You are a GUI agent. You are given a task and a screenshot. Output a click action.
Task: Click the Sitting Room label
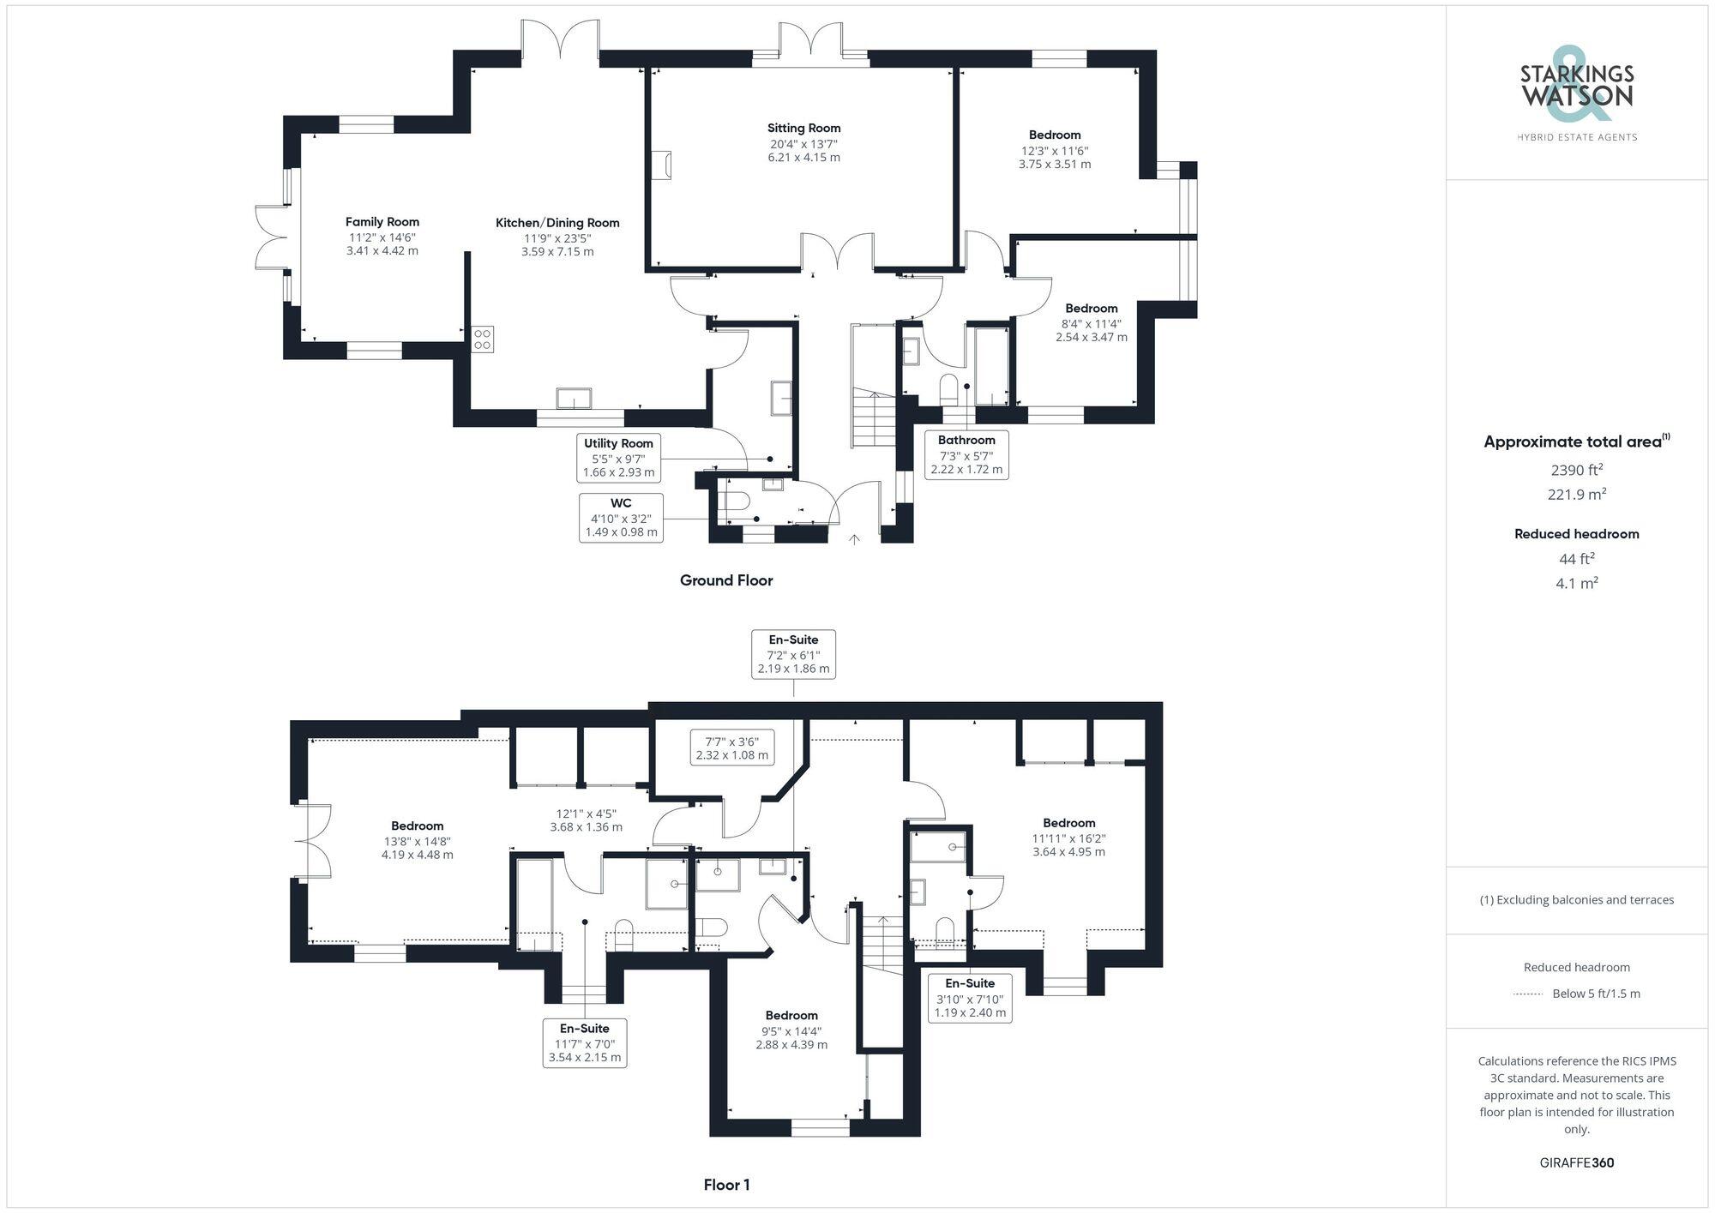click(803, 128)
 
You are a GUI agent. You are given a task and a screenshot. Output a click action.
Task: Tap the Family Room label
click(382, 222)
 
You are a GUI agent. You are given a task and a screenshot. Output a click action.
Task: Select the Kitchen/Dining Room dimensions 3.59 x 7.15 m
click(557, 252)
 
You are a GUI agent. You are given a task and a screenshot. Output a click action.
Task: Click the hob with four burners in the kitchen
click(482, 339)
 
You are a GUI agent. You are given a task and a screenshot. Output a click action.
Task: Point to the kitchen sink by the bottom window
click(574, 399)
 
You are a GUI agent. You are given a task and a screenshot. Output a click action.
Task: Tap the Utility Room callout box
click(618, 458)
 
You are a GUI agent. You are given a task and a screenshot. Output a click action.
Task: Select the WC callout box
click(621, 518)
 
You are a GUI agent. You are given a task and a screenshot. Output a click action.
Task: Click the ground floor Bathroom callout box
click(966, 454)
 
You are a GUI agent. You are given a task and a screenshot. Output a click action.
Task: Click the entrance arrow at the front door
click(854, 539)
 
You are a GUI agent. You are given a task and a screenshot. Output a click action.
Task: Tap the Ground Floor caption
click(726, 580)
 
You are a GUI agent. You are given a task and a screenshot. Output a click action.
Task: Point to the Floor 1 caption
click(726, 1185)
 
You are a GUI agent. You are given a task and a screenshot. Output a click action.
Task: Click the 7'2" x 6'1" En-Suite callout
click(793, 654)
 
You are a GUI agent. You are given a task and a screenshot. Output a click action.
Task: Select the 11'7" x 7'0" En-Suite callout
click(584, 1042)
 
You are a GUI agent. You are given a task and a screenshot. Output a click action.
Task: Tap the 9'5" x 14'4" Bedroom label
click(791, 1015)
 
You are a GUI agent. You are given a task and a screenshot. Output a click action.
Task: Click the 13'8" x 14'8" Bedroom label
click(418, 826)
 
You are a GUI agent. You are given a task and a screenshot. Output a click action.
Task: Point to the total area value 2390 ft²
click(1577, 470)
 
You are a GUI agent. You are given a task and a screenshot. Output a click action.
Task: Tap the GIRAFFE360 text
click(1576, 1163)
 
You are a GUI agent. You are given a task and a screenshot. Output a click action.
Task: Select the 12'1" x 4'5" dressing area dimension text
click(586, 820)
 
